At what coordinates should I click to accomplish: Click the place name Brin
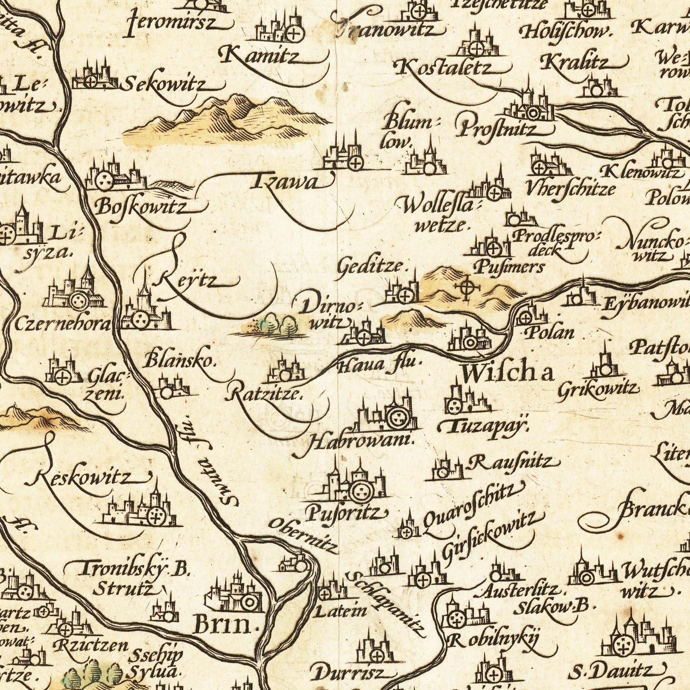tap(223, 625)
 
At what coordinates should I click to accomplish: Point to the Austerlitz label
tap(519, 591)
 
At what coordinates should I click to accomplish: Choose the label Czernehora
tap(62, 325)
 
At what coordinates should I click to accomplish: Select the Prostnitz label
tap(497, 128)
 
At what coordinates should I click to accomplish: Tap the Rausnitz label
tap(510, 462)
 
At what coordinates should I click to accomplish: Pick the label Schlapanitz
tap(388, 604)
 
